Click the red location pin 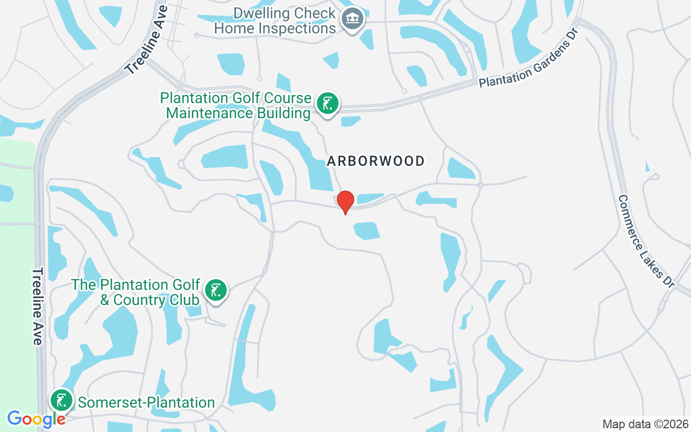[x=345, y=202]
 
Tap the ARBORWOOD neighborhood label [x=376, y=161]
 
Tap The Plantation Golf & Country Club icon [x=216, y=291]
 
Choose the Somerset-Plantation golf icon [x=62, y=401]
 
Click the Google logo [x=36, y=418]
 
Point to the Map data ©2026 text [x=645, y=424]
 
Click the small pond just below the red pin [x=367, y=231]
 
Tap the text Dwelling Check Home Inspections [x=275, y=21]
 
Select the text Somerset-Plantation [x=146, y=403]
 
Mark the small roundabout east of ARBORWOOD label [x=480, y=184]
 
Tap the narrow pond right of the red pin [x=370, y=198]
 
